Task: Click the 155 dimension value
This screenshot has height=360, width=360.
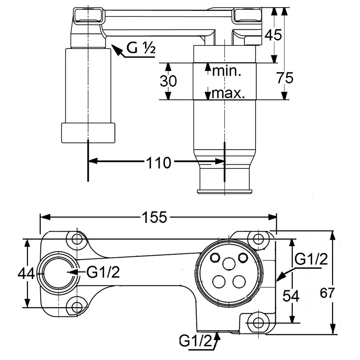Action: [154, 218]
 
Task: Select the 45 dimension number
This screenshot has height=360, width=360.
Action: [273, 35]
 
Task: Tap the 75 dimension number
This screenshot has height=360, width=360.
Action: [285, 78]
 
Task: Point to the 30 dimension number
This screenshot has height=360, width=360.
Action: [168, 81]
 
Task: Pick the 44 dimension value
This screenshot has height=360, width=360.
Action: [27, 273]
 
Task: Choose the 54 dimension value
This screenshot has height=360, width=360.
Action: [291, 296]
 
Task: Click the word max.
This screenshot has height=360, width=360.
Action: [228, 93]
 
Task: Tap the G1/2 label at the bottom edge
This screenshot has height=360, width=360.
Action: [196, 341]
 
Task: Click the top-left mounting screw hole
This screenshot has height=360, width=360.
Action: [77, 239]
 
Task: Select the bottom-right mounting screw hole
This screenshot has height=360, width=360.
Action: [258, 322]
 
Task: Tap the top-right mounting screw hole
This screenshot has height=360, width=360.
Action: [258, 239]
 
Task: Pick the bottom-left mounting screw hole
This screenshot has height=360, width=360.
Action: [77, 307]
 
